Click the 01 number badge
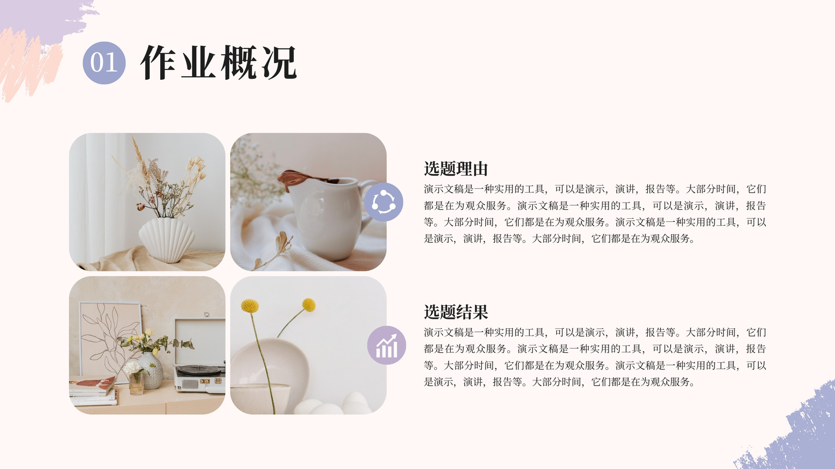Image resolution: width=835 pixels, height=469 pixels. click(104, 63)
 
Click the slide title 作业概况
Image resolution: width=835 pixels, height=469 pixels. click(219, 63)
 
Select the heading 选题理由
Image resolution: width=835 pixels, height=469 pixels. click(456, 169)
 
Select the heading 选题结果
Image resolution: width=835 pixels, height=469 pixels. click(456, 312)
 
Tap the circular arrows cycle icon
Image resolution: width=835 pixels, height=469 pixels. click(384, 202)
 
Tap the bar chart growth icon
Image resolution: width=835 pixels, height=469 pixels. click(387, 345)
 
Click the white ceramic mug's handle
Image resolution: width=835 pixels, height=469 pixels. click(367, 203)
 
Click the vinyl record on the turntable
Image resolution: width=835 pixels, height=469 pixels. click(200, 369)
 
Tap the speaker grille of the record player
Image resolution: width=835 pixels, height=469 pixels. click(190, 384)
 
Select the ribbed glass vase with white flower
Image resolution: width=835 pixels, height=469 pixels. click(136, 382)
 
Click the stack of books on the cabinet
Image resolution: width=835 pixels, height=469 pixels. click(93, 391)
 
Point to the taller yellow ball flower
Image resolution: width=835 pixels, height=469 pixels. click(250, 305)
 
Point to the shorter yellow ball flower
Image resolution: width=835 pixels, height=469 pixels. click(308, 304)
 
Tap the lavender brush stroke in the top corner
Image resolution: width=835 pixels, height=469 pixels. click(45, 19)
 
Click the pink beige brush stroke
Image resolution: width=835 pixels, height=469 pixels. click(26, 67)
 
